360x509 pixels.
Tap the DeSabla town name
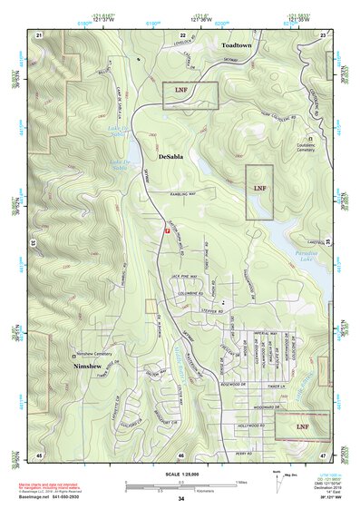coord(177,157)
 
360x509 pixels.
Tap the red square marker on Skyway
coord(167,231)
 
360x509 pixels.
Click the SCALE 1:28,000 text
coord(180,474)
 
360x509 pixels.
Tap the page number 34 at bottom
coord(180,499)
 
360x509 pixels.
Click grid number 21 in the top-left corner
coord(39,34)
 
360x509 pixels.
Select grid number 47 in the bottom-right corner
coord(323,454)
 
